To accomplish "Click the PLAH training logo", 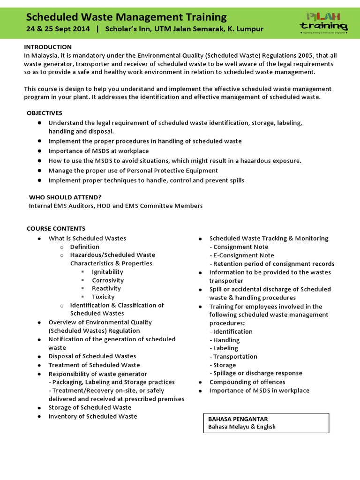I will click(324, 22).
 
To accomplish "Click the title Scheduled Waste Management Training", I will click(126, 17).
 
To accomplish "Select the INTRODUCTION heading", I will click(48, 47).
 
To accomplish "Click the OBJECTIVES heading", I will click(45, 113).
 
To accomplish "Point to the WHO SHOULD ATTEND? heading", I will click(65, 197).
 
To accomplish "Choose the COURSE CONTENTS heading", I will click(56, 228).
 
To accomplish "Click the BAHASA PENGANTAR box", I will click(266, 422).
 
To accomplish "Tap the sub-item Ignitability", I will click(107, 272).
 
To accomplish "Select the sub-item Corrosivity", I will click(108, 280).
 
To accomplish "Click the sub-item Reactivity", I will click(106, 288).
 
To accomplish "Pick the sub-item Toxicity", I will click(103, 297).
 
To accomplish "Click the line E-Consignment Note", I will click(243, 255).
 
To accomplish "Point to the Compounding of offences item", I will click(247, 382).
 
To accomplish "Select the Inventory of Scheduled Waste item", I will click(93, 416).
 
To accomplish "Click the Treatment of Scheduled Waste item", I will click(94, 365).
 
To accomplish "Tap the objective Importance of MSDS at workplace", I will click(98, 151).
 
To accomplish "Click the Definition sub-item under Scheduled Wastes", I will click(85, 247).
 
